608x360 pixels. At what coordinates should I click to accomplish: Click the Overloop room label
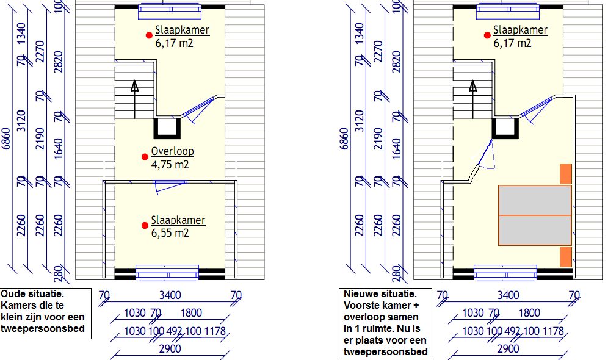[172, 151]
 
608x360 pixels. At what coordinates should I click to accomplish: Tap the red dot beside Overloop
[145, 157]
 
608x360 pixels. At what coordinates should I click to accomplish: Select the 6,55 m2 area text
[170, 233]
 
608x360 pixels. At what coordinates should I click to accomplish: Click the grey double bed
[535, 215]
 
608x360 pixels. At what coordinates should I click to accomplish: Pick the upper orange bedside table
[566, 174]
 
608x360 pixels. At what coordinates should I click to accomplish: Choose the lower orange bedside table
[566, 256]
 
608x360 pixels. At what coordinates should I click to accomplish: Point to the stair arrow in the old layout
[134, 99]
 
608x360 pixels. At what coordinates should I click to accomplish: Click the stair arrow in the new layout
[472, 99]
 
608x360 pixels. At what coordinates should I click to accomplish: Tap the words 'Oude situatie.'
[32, 293]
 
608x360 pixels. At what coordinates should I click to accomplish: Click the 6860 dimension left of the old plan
[6, 139]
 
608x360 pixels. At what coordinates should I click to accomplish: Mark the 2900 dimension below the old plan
[170, 349]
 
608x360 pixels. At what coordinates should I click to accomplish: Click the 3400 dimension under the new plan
[508, 295]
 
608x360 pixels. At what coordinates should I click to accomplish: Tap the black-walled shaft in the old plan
[167, 128]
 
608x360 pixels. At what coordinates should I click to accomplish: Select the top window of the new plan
[508, 12]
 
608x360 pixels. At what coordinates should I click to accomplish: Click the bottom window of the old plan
[167, 272]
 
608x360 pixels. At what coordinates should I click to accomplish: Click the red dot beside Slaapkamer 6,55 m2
[145, 226]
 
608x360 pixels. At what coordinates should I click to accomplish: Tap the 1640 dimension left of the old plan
[58, 149]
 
